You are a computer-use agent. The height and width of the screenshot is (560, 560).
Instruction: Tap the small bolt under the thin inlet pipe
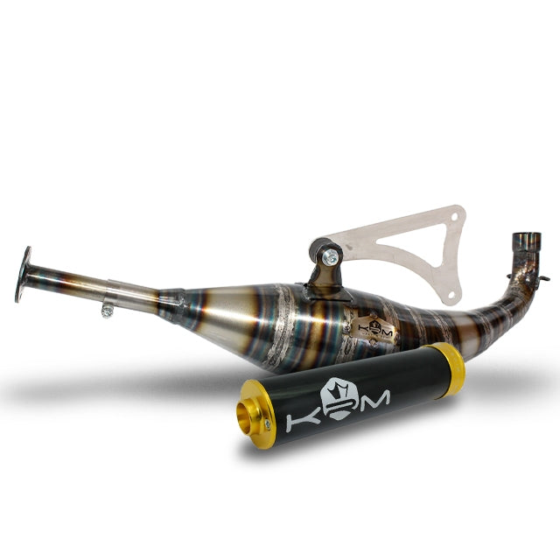coord(107,308)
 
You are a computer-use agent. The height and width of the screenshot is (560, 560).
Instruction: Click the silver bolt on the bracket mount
coord(331,256)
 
